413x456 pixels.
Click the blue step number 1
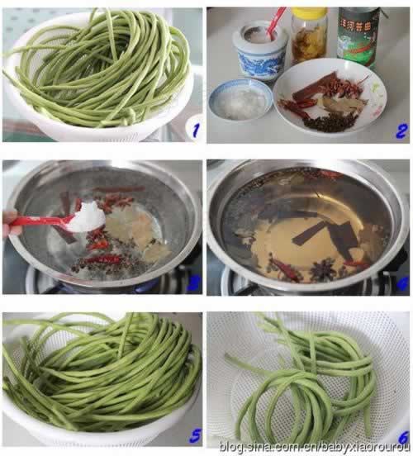tap(192, 129)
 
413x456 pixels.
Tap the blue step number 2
tap(400, 130)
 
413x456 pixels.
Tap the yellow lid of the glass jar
tap(309, 14)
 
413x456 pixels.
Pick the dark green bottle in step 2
tap(357, 37)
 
